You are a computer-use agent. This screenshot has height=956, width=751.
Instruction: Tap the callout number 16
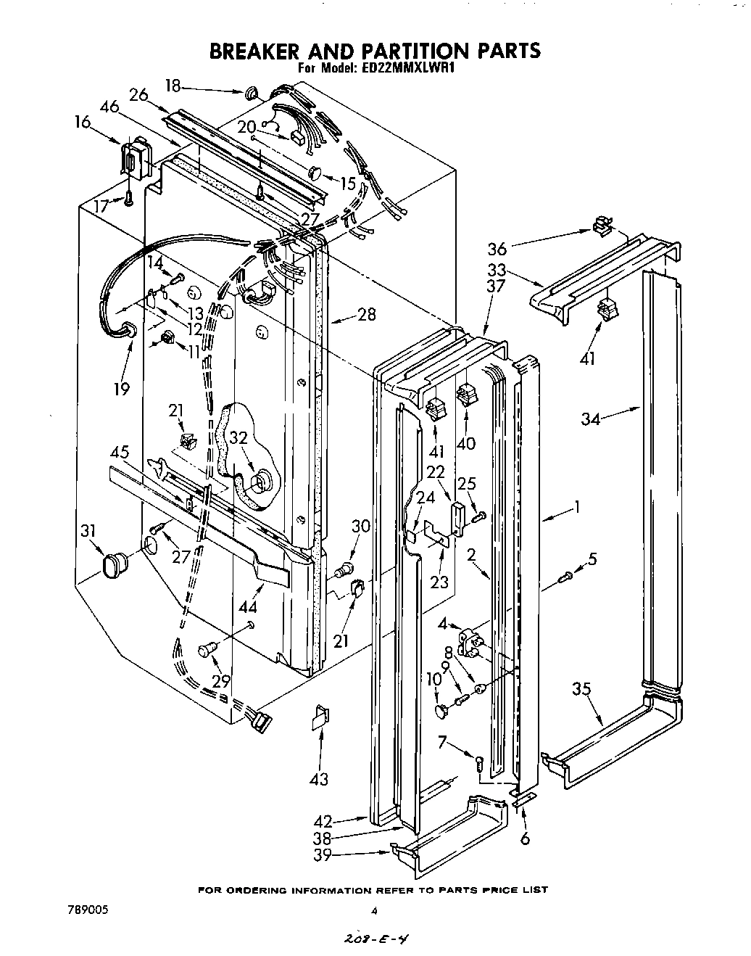pyautogui.click(x=83, y=122)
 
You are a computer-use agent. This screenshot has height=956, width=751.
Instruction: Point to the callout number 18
pyautogui.click(x=173, y=85)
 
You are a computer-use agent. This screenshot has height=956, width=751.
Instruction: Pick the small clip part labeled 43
pyautogui.click(x=319, y=718)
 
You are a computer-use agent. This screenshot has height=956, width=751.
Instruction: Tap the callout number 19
pyautogui.click(x=121, y=389)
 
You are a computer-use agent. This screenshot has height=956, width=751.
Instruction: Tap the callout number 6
pyautogui.click(x=525, y=838)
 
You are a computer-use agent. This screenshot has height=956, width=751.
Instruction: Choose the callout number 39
pyautogui.click(x=323, y=856)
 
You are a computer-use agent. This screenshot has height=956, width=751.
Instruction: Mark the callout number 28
pyautogui.click(x=368, y=314)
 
